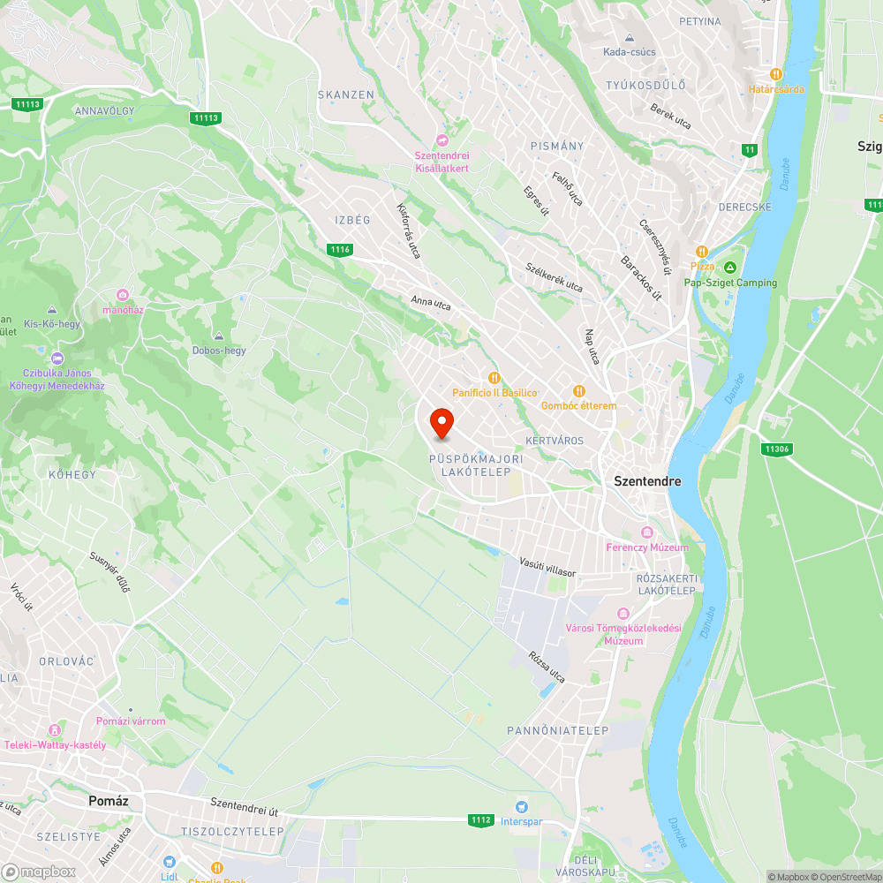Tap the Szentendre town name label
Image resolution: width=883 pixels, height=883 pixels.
(647, 481)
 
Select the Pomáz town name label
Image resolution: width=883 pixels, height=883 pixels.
(110, 801)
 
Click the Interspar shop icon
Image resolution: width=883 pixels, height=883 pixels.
(521, 807)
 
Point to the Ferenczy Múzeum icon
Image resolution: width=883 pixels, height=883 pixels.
(647, 532)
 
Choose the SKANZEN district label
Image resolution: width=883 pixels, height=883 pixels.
(346, 94)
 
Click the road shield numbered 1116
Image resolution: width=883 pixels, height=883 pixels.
(340, 250)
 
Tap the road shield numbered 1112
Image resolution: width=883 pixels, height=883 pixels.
(480, 820)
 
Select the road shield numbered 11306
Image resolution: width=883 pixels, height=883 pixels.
(776, 449)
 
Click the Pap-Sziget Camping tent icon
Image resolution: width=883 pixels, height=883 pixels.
(730, 268)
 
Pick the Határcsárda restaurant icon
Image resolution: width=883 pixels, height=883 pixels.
(776, 74)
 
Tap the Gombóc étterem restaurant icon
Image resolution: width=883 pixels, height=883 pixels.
(579, 390)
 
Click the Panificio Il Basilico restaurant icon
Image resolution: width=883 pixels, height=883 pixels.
(494, 377)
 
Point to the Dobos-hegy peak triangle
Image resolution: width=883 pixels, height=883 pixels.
(219, 336)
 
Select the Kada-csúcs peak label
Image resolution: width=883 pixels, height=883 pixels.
(629, 51)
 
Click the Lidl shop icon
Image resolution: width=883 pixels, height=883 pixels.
(170, 861)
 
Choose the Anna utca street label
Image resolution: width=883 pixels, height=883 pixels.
(431, 304)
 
